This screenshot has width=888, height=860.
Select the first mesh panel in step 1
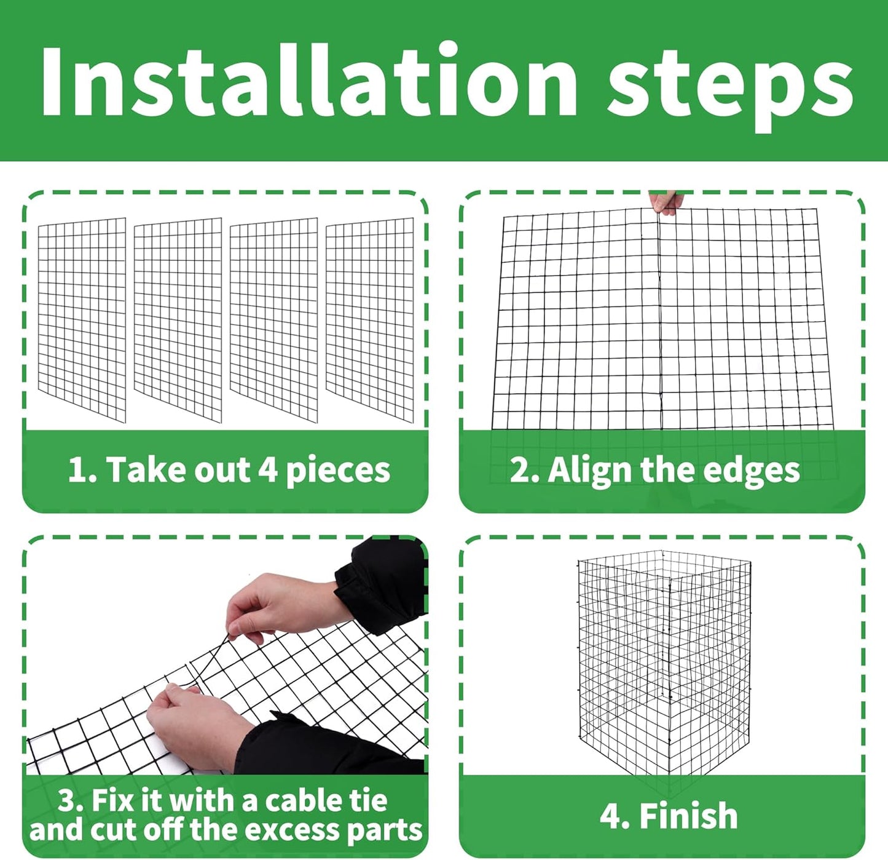[82, 320]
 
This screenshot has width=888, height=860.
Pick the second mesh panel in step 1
[178, 320]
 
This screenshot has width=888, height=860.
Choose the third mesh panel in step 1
[274, 320]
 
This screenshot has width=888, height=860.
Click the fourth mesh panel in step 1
[369, 320]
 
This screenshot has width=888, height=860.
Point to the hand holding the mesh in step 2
[667, 203]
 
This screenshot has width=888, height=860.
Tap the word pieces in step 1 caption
[338, 471]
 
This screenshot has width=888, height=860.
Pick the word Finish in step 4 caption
[688, 816]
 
